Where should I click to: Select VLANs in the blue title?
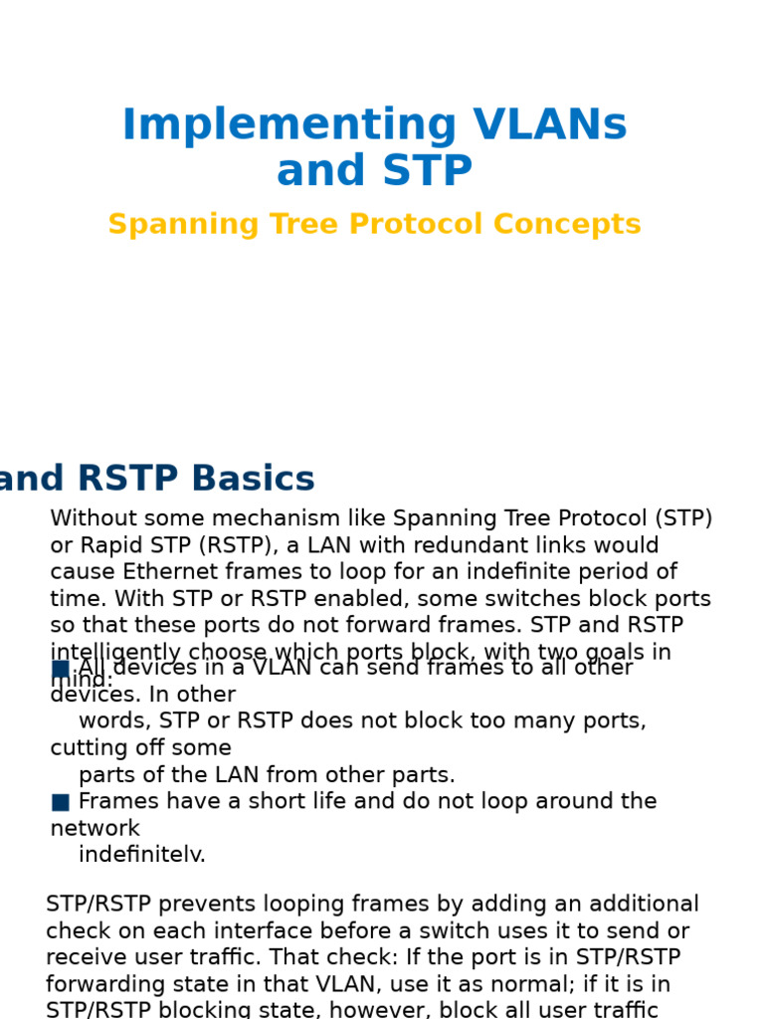[x=550, y=126]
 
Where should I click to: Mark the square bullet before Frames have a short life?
[x=61, y=802]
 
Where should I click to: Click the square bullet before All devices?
[x=61, y=669]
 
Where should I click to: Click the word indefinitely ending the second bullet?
[x=142, y=855]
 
